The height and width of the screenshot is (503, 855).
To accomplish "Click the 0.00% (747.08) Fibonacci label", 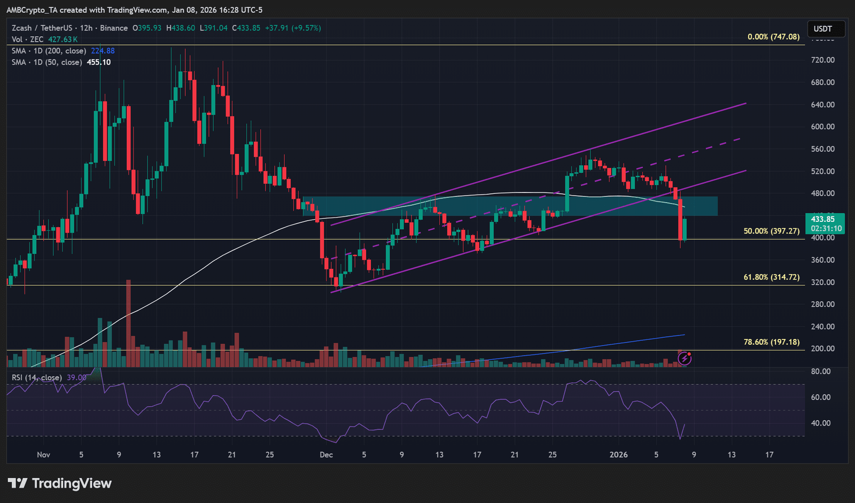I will pos(773,37).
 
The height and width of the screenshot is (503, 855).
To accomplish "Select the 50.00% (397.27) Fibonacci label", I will pos(771,231).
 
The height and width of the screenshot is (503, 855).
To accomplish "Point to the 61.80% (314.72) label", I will pos(771,277).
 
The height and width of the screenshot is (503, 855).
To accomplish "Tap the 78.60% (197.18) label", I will pos(771,342).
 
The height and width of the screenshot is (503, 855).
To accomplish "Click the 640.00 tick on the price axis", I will pos(822,105).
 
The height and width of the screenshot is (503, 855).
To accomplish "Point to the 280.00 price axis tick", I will pos(822,304).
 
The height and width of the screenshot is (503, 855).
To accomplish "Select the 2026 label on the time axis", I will pos(619,455).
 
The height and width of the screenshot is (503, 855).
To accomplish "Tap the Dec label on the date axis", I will pos(326,455).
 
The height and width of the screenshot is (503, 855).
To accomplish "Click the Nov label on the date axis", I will pos(43,455).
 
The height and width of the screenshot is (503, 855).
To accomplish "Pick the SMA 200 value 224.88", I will pos(103,51).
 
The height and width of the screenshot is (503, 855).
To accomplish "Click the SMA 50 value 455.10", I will pos(99,62).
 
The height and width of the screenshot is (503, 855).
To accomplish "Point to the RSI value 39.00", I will pos(76,377).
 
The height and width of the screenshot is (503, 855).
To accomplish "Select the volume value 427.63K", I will pos(63,40).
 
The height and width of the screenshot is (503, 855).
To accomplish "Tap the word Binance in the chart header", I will pos(114,28).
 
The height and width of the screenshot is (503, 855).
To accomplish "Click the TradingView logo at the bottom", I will pos(60,484).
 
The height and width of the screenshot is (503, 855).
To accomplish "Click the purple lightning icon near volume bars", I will pos(685,359).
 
